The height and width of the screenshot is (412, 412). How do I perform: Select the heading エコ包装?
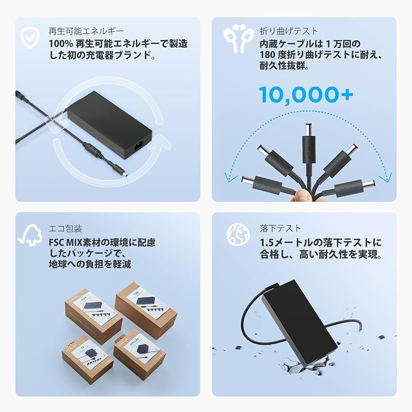(x=65, y=229)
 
